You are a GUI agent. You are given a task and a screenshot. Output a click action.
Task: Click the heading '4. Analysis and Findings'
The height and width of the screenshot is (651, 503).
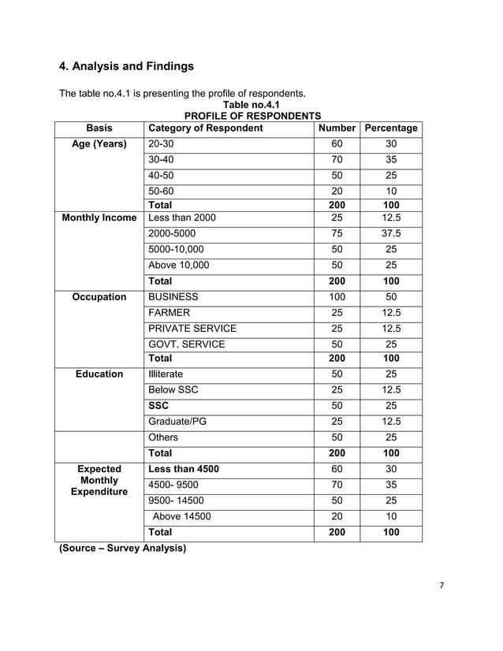pos(127,65)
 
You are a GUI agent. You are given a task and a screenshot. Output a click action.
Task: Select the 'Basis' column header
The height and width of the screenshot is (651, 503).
pos(99,128)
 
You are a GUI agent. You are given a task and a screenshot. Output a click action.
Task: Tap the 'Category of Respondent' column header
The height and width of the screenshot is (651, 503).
pos(205,128)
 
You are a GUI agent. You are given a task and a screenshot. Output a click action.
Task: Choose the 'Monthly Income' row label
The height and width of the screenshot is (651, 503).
pos(99,218)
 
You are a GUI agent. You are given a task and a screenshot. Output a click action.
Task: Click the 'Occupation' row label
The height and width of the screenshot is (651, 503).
pos(99,297)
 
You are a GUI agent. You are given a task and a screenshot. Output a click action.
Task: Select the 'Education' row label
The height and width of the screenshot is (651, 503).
pos(99,374)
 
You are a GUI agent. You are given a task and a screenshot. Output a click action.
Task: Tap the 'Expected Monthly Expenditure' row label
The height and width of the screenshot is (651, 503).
pos(99,480)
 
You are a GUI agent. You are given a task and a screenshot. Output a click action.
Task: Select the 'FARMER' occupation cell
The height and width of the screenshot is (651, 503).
pos(169,313)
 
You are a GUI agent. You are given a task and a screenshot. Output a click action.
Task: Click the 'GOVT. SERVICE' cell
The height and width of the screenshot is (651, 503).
pos(186,344)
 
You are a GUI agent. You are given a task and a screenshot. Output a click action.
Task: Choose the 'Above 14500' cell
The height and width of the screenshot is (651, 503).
pos(181,517)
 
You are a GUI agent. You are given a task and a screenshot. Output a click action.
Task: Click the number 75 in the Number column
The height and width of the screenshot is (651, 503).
pos(337,234)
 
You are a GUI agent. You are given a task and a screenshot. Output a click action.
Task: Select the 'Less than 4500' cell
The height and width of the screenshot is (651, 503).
pos(184,469)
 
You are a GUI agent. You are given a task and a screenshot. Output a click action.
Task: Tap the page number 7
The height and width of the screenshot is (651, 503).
pos(443,586)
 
